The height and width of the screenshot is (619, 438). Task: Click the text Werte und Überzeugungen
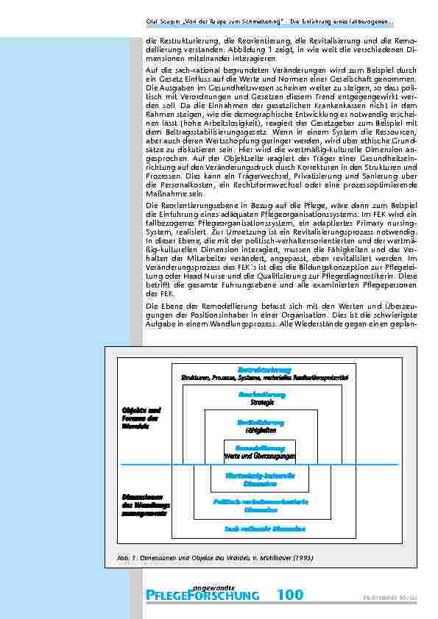[260, 457]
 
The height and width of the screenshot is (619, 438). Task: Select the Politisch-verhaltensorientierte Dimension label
[261, 505]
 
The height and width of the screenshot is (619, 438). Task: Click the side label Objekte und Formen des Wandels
[141, 418]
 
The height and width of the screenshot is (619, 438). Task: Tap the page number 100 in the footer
[290, 595]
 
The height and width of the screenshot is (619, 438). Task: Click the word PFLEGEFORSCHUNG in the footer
[203, 595]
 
